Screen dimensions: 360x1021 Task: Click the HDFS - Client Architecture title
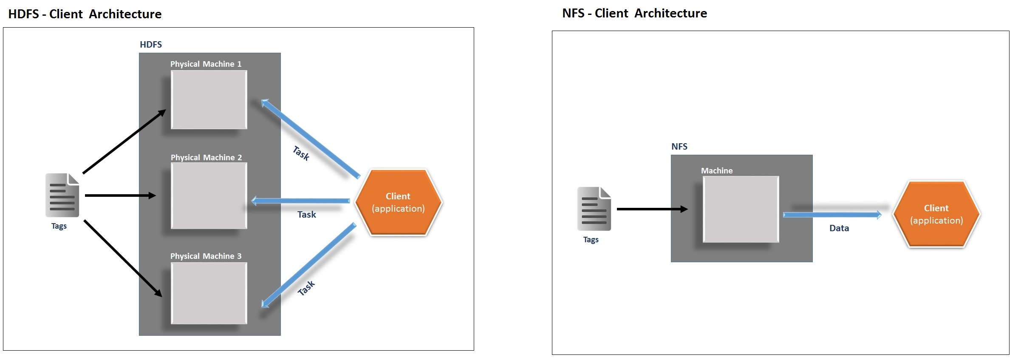coord(85,14)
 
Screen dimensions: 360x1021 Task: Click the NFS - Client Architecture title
coord(634,13)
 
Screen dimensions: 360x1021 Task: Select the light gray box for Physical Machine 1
coord(209,99)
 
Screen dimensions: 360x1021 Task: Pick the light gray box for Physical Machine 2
coord(209,196)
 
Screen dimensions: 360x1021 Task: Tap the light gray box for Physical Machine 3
coord(209,293)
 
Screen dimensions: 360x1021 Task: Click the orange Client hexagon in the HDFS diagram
coord(398,202)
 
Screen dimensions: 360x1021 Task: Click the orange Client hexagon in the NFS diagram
coord(936,214)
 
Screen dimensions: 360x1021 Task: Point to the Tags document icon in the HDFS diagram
coord(62,195)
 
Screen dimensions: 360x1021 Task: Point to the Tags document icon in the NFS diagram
coord(594,209)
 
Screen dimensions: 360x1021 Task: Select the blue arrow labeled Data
coord(832,215)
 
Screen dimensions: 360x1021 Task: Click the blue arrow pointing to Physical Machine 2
coord(301,201)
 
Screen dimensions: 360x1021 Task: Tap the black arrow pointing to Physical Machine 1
coord(124,142)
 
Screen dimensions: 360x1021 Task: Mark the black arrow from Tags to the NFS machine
coord(652,209)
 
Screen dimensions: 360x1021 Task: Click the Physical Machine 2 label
coord(206,157)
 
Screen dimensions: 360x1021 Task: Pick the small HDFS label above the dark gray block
coord(151,45)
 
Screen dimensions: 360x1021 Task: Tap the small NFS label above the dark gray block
coord(679,147)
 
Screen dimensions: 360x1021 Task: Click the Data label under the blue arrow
coord(839,228)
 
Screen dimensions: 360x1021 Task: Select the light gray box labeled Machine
coord(741,209)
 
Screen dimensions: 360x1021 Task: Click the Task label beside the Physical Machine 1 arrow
coord(301,153)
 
